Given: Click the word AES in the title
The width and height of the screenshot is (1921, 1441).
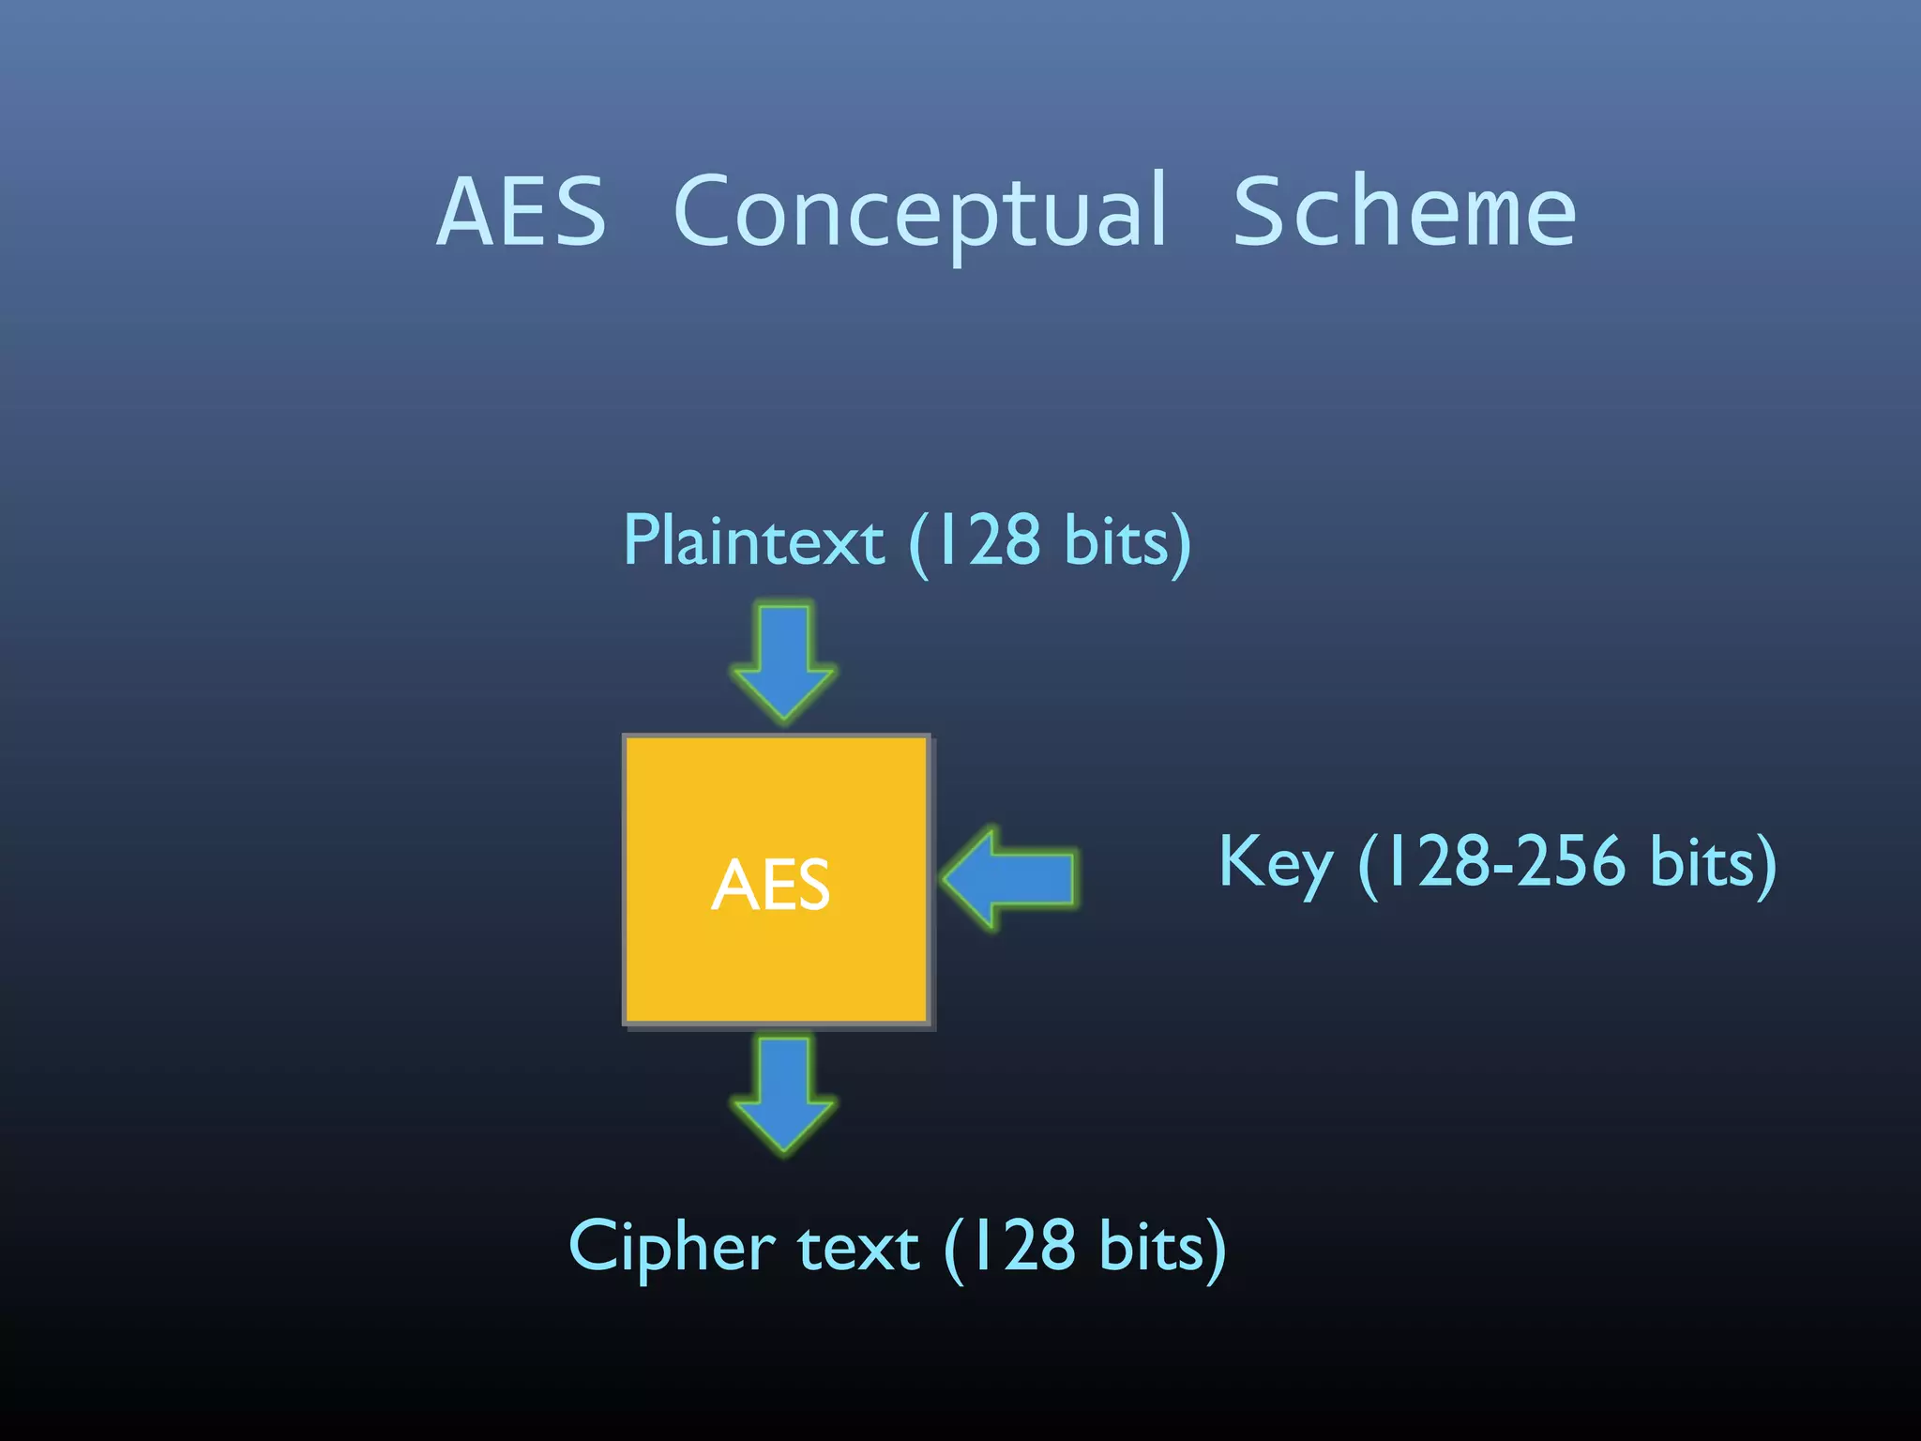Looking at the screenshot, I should coord(522,213).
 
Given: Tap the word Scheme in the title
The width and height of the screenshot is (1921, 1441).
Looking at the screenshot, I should coord(1403,213).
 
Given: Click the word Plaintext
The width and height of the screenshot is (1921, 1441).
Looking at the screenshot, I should coord(753,541).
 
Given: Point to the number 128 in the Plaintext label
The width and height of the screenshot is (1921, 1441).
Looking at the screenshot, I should coord(989,541).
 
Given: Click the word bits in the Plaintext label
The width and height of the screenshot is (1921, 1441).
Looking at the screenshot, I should coord(1116,541).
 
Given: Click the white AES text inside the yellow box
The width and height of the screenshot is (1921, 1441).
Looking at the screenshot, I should coord(771,885).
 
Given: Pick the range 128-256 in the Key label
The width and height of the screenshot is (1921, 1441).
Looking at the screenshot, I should coord(1506,861).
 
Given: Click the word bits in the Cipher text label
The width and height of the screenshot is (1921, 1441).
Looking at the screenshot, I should coord(1151,1248).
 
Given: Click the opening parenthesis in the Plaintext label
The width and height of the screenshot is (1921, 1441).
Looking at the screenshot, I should coord(919,543).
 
